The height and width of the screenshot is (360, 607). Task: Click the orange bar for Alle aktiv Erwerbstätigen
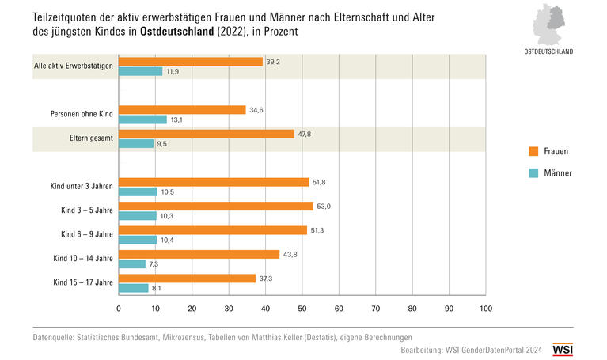(x=190, y=62)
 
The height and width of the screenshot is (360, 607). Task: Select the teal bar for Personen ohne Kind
(x=142, y=119)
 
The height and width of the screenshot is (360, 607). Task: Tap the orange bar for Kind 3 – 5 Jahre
(x=216, y=207)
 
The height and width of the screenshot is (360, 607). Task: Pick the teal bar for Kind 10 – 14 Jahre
(x=132, y=263)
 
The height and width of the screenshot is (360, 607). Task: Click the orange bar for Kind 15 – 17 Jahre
(x=187, y=279)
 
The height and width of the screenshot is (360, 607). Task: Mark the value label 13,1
(x=176, y=119)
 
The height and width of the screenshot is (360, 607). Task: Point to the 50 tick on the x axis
(x=302, y=308)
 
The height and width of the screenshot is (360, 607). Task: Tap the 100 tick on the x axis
(x=485, y=308)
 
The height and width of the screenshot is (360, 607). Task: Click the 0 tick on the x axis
(x=119, y=308)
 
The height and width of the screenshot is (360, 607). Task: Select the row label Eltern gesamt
(x=91, y=138)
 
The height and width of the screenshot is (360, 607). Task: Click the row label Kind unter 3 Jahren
(x=82, y=187)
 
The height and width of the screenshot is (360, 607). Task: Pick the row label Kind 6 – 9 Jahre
(x=87, y=234)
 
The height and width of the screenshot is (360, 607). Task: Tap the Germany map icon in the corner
(x=548, y=25)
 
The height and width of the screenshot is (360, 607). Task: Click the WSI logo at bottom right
(x=563, y=349)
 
